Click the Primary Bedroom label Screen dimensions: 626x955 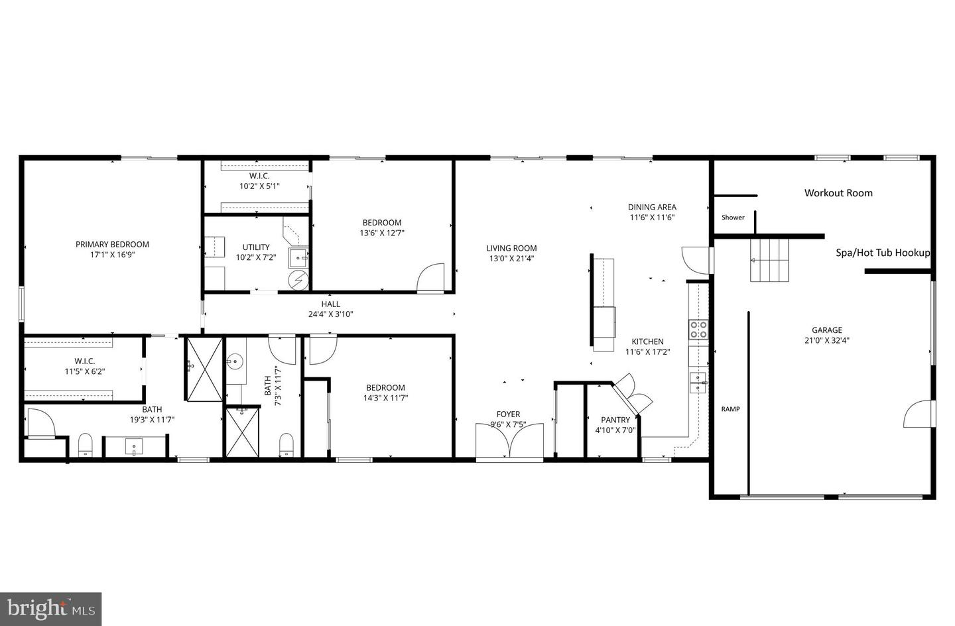click(x=112, y=244)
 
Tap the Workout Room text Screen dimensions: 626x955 click(x=838, y=193)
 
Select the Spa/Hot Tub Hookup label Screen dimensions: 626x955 click(x=882, y=253)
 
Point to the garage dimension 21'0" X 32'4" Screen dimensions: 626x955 click(x=827, y=340)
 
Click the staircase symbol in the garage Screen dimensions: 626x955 click(x=769, y=260)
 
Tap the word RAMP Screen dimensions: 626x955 click(x=730, y=409)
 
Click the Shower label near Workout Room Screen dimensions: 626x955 click(x=733, y=218)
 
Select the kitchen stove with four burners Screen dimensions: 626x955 click(x=698, y=330)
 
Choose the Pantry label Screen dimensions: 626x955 click(x=615, y=420)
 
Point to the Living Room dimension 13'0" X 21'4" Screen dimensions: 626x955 click(x=511, y=259)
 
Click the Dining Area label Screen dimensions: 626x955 click(x=652, y=207)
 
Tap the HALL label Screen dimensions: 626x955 click(x=330, y=304)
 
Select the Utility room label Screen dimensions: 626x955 click(x=256, y=247)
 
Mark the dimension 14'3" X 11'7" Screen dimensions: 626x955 click(x=385, y=398)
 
